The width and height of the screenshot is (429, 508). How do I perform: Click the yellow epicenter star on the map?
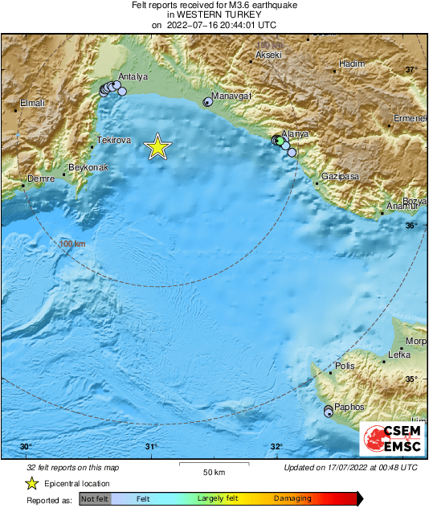tap(158, 146)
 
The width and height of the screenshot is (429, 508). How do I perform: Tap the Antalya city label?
tap(133, 77)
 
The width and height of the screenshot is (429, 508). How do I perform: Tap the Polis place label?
tap(345, 366)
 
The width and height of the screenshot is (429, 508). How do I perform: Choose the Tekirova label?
tap(113, 141)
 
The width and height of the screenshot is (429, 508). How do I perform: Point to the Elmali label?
tap(33, 103)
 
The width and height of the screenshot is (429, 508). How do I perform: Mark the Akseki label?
tap(268, 55)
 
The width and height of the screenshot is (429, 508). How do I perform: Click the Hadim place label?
tap(352, 63)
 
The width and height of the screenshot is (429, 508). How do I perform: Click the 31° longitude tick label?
tap(150, 448)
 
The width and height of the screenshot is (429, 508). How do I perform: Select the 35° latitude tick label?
tap(411, 379)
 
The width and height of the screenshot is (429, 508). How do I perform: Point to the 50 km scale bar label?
tap(212, 471)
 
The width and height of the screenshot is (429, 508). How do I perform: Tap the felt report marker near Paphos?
tap(328, 412)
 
